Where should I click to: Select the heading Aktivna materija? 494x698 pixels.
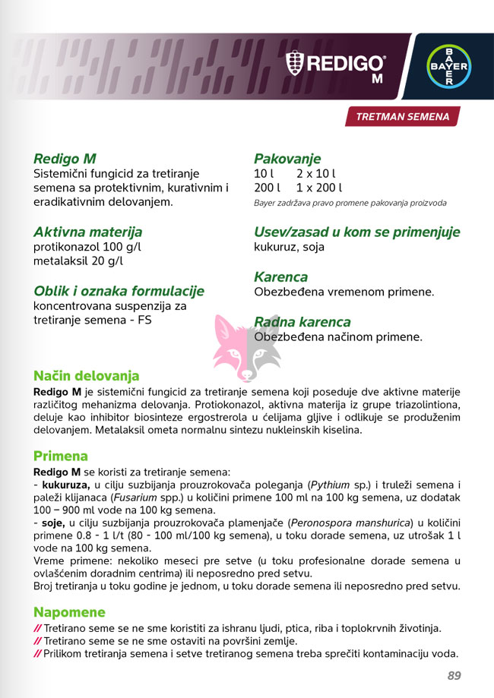tap(87, 232)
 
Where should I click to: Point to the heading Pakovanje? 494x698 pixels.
tap(287, 159)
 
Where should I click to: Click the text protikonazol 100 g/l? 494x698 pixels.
tap(87, 248)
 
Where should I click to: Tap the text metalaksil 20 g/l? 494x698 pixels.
tap(78, 262)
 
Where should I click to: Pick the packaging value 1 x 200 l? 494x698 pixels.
tap(319, 188)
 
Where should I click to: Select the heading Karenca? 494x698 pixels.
tap(280, 277)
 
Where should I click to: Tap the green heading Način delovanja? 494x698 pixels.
tap(86, 376)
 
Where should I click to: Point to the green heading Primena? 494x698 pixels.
tap(60, 456)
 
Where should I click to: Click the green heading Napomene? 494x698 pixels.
tap(69, 612)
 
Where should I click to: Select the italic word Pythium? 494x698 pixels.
tap(332, 485)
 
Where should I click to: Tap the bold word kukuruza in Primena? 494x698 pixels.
tap(66, 485)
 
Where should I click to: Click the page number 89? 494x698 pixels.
tap(454, 675)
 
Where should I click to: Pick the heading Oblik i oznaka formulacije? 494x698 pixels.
tap(119, 291)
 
